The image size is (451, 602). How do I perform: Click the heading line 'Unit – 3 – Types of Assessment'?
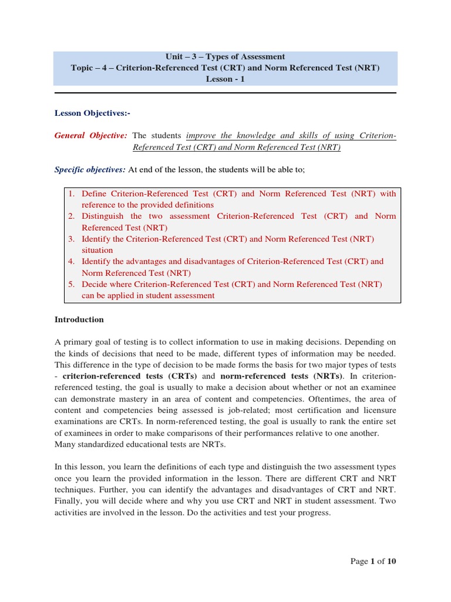[225, 57]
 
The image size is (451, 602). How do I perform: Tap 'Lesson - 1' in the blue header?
[225, 79]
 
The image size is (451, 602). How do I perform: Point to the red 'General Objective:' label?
[90, 136]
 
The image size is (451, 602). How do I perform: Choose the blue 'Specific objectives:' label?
[90, 170]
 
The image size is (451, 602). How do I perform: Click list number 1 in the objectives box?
[70, 193]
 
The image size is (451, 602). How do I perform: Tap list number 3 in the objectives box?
[70, 239]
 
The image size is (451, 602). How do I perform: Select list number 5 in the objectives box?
[70, 285]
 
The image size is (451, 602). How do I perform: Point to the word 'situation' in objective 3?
[97, 250]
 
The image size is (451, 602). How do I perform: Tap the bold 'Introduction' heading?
[79, 320]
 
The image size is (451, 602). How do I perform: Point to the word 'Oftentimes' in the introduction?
[318, 399]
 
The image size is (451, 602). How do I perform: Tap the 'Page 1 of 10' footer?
[373, 561]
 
